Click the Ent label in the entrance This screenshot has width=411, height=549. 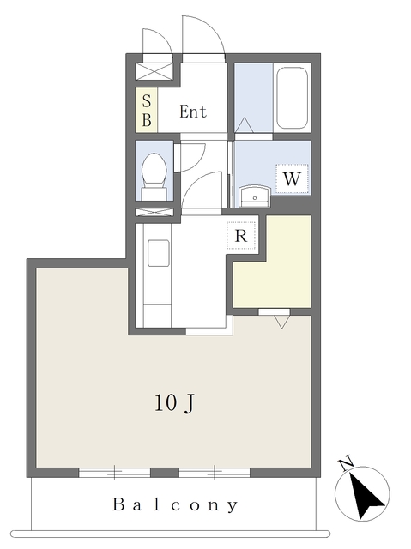click(193, 112)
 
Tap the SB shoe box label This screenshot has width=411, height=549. click(147, 111)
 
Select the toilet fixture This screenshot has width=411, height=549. click(154, 177)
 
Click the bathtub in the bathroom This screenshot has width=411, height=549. click(293, 98)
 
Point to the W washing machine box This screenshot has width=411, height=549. click(292, 179)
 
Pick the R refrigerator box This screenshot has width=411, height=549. click(241, 236)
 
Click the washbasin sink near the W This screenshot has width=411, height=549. click(255, 196)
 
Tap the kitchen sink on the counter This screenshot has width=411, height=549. click(158, 253)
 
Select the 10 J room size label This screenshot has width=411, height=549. click(174, 403)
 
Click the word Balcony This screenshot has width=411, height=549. click(175, 505)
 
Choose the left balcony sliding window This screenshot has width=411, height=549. click(114, 473)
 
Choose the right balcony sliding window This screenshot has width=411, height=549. click(215, 473)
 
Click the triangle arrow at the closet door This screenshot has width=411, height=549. click(281, 322)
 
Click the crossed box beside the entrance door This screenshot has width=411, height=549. click(154, 71)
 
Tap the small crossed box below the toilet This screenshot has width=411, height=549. click(154, 212)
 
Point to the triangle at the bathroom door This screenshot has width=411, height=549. click(244, 125)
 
